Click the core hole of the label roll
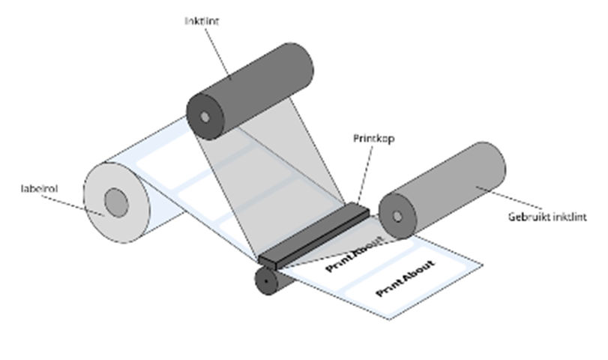(115, 202)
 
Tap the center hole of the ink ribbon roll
(205, 117)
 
